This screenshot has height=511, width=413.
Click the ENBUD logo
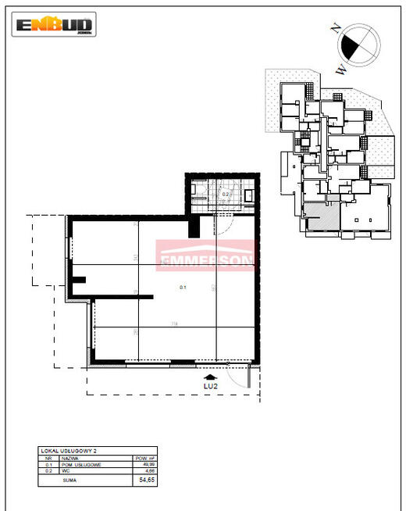tap(55, 25)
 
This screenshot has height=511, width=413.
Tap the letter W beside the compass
tap(341, 69)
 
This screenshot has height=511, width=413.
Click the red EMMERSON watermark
tap(206, 256)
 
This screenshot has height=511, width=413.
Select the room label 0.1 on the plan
tap(183, 288)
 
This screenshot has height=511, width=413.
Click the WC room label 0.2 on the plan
tap(226, 194)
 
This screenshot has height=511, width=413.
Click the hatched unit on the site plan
tap(319, 216)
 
